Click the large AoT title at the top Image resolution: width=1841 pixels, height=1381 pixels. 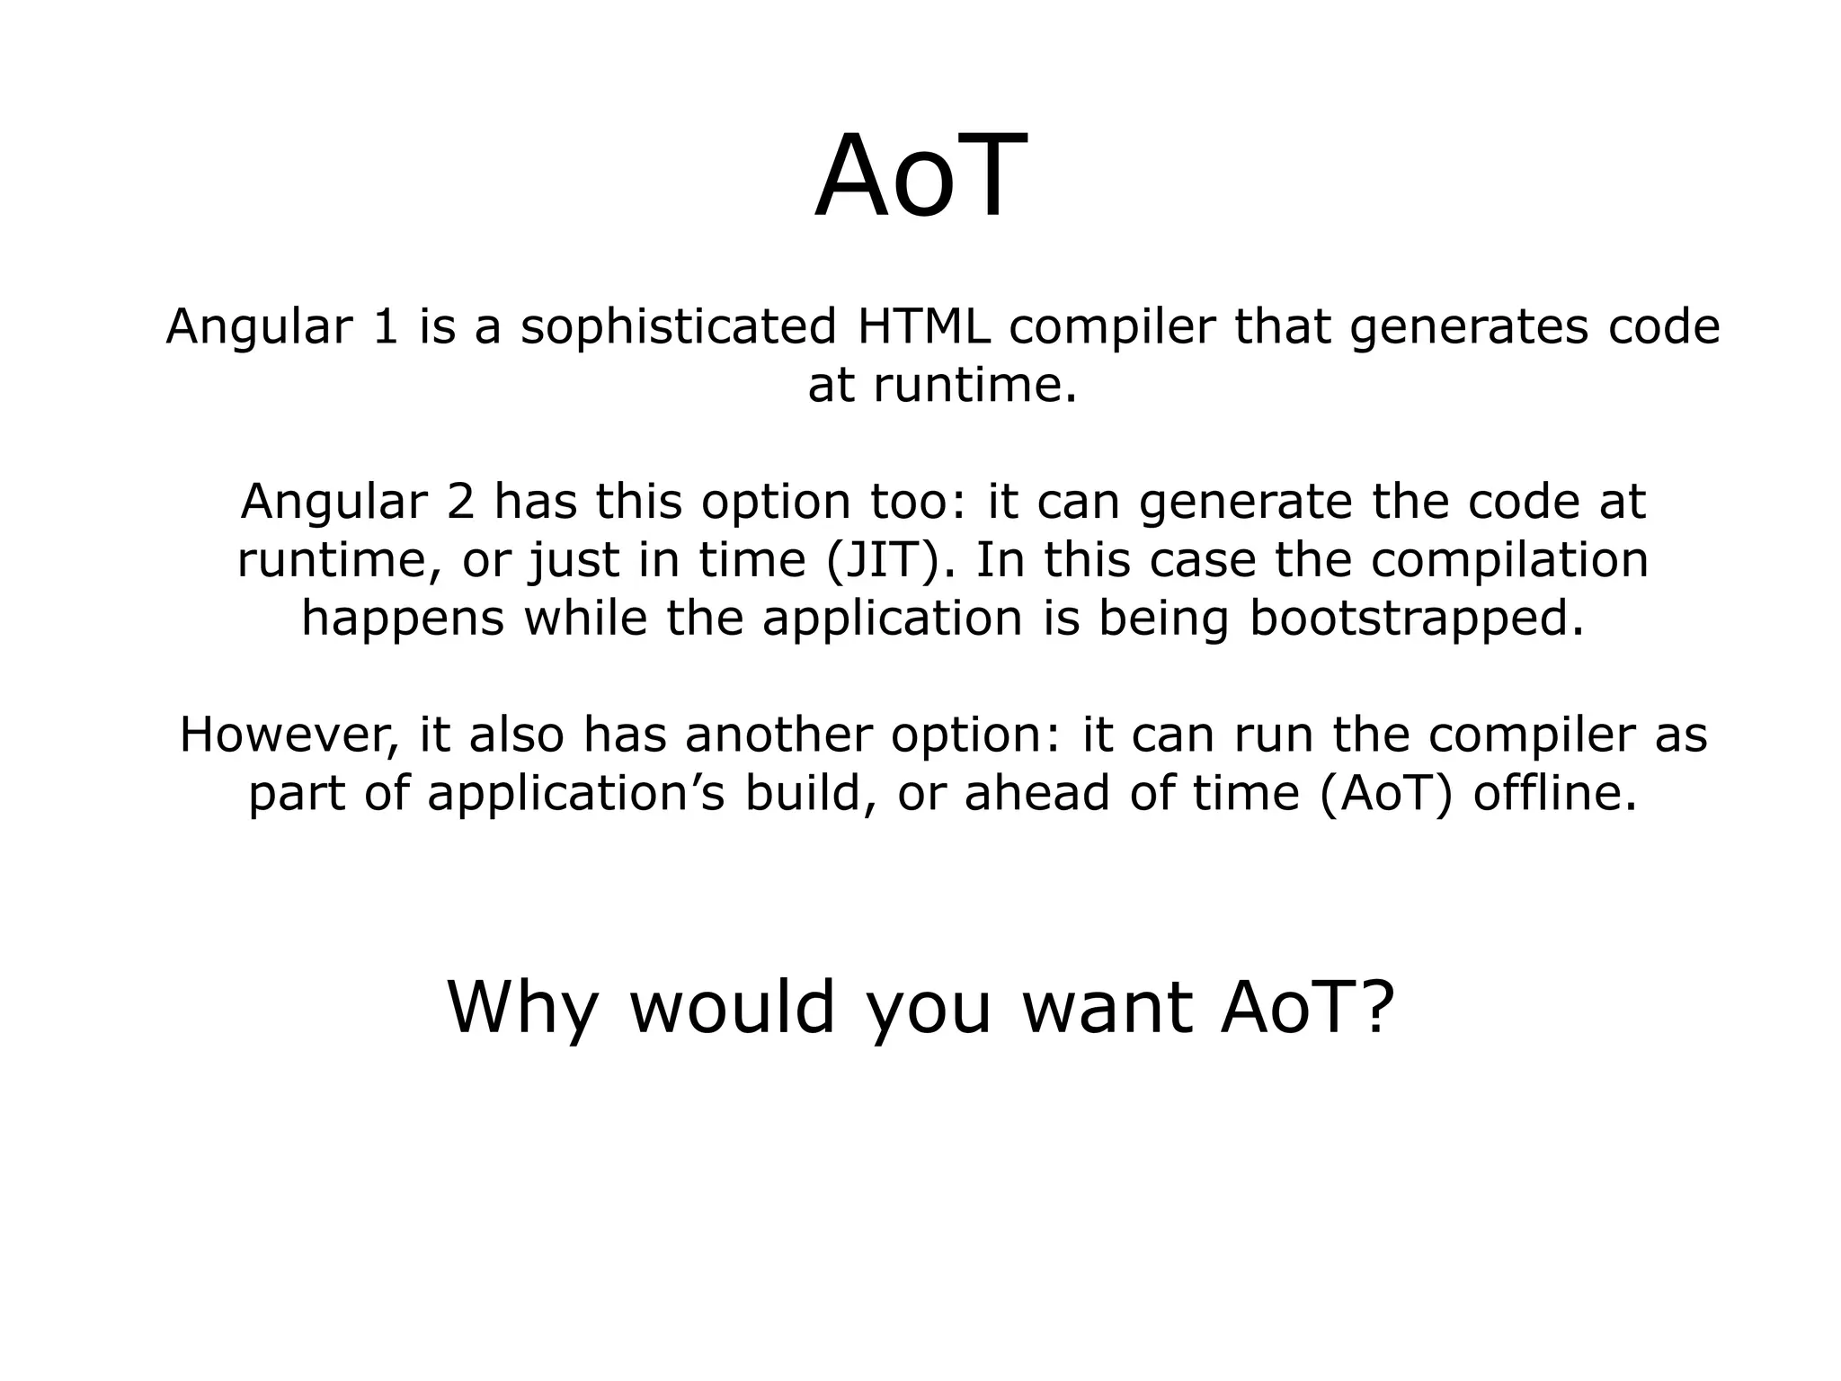coord(920,176)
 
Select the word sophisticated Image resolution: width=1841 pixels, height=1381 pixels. coord(679,327)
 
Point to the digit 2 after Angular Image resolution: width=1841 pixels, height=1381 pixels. coord(460,502)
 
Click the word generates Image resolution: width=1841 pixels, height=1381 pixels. coord(1467,327)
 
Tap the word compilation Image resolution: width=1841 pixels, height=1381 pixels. coord(1510,561)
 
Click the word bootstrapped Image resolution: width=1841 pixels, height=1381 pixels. coord(1417,619)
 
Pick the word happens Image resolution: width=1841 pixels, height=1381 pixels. coord(403,619)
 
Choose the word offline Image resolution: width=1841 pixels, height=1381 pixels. coord(1555,793)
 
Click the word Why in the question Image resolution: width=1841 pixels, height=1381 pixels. coord(522,1009)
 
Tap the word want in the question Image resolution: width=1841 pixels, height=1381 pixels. coord(1107,1009)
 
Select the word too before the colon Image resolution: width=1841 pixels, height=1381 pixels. coord(917,502)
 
